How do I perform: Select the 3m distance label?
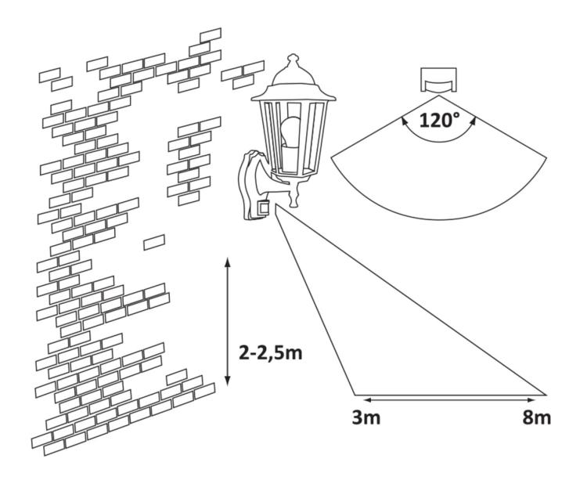[366, 417]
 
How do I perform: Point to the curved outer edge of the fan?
[438, 209]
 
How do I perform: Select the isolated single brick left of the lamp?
[154, 242]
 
